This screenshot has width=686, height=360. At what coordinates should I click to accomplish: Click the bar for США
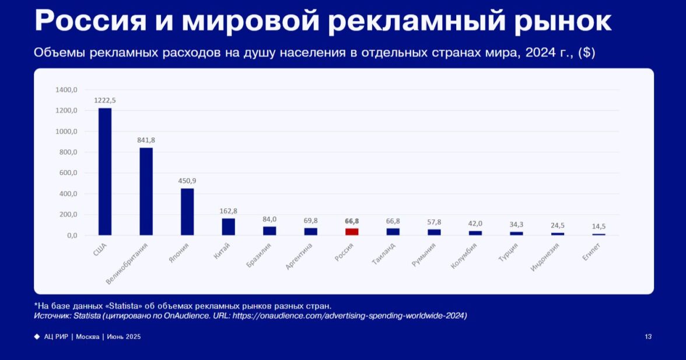pyautogui.click(x=105, y=172)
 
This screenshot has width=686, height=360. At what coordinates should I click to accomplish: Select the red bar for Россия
pyautogui.click(x=352, y=232)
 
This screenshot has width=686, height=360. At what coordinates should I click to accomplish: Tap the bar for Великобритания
pyautogui.click(x=146, y=191)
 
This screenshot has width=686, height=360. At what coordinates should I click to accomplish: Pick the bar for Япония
pyautogui.click(x=187, y=212)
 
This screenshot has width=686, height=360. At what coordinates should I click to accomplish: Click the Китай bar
pyautogui.click(x=228, y=226)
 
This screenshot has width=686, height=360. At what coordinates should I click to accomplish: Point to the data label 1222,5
pyautogui.click(x=105, y=100)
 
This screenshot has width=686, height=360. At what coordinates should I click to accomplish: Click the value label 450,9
pyautogui.click(x=187, y=180)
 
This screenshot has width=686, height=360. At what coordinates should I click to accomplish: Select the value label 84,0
pyautogui.click(x=269, y=219)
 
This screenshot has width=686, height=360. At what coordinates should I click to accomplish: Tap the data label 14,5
pyautogui.click(x=598, y=226)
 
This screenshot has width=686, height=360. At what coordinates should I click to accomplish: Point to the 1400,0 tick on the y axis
pyautogui.click(x=66, y=90)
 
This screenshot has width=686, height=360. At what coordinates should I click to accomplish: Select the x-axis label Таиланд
pyautogui.click(x=383, y=254)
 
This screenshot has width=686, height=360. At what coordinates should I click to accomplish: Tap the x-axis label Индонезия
pyautogui.click(x=545, y=257)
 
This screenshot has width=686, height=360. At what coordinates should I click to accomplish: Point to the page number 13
pyautogui.click(x=648, y=337)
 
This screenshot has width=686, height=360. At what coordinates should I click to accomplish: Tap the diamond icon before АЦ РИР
pyautogui.click(x=37, y=337)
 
